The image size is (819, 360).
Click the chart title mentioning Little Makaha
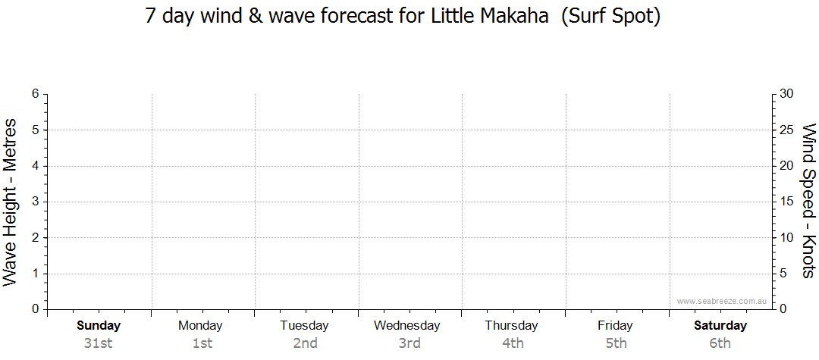(x=403, y=16)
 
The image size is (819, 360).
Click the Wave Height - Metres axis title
(x=10, y=202)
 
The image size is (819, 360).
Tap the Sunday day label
(x=99, y=326)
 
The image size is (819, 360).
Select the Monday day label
(x=200, y=326)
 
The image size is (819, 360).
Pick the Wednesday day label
(x=407, y=326)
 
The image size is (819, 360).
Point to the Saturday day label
(x=720, y=326)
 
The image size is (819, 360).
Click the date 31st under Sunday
(x=98, y=343)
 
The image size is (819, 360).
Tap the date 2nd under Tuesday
(x=305, y=343)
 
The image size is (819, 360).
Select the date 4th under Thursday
(x=513, y=343)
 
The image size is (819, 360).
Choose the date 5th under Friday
(x=616, y=343)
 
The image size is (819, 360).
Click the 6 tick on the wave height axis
(x=36, y=94)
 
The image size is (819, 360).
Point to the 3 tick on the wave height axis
(x=36, y=202)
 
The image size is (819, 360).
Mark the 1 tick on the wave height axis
(x=36, y=274)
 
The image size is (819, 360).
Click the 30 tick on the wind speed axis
(x=786, y=94)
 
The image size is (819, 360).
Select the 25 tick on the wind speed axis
(x=786, y=130)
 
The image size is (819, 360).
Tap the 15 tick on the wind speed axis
(x=786, y=202)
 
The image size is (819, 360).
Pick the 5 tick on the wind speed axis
(x=783, y=274)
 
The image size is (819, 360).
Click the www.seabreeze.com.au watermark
(x=721, y=301)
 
